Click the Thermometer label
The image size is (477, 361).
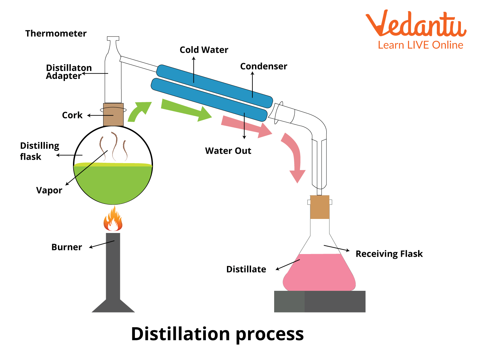pos(56,33)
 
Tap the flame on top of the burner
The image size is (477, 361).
pos(113,220)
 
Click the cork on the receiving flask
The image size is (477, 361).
pos(319,207)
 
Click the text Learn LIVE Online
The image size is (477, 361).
pos(420,45)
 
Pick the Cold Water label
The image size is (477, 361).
pos(204,50)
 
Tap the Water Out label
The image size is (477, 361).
pos(228,151)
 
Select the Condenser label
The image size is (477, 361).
pos(264,66)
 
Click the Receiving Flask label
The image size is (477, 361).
pos(389,254)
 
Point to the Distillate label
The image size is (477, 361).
pos(246,269)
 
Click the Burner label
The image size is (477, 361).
pos(67,247)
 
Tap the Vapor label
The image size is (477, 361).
pos(49,190)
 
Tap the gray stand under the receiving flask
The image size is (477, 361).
pos(320,302)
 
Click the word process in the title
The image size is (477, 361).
pos(270,334)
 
